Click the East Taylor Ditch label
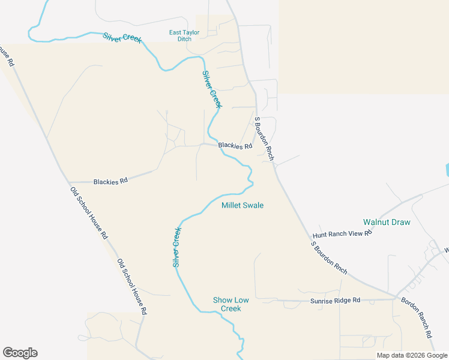tap(180, 35)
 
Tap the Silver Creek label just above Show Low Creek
tap(177, 247)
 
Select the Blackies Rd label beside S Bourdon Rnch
tap(235, 146)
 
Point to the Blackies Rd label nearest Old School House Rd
tap(111, 181)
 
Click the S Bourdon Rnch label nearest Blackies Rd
tap(264, 139)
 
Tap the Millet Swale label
tap(243, 205)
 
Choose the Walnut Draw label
tap(387, 223)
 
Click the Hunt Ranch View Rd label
tap(342, 234)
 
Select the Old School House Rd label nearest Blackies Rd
tap(88, 213)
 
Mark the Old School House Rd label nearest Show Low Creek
tap(132, 287)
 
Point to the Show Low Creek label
tap(227, 304)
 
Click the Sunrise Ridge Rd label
tap(335, 300)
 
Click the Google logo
tap(20, 353)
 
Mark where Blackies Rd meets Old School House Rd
tap(68, 182)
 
